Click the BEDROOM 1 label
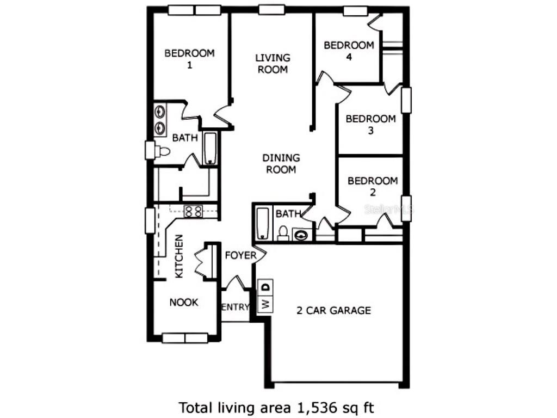coord(189,59)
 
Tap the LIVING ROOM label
coord(273,63)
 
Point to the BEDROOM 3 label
coord(370,125)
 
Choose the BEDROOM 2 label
coord(373,186)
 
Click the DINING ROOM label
coord(281,163)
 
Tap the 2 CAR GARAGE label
coord(333,311)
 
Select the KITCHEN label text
coord(178,256)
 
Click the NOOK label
coord(184,303)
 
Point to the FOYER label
coord(240,255)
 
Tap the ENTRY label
coord(235,307)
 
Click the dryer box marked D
coord(266,286)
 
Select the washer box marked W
coord(266,303)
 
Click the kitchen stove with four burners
coord(193,211)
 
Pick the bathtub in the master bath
coord(210,147)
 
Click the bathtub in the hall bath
coord(263,223)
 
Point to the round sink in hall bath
coord(301,235)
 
